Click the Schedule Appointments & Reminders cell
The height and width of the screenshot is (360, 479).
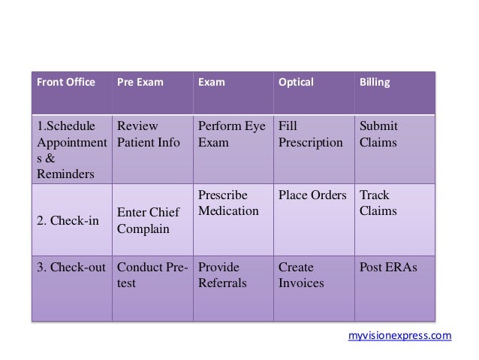click(68, 150)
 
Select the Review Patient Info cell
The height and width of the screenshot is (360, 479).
click(149, 134)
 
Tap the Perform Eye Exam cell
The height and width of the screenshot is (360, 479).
click(230, 134)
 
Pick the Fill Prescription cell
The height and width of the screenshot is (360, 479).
click(310, 134)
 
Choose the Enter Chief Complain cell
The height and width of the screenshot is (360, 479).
click(149, 221)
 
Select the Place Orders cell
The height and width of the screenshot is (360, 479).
click(312, 196)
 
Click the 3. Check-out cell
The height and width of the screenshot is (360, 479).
click(71, 268)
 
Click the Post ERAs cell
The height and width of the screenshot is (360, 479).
click(388, 268)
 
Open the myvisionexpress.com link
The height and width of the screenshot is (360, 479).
click(400, 336)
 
